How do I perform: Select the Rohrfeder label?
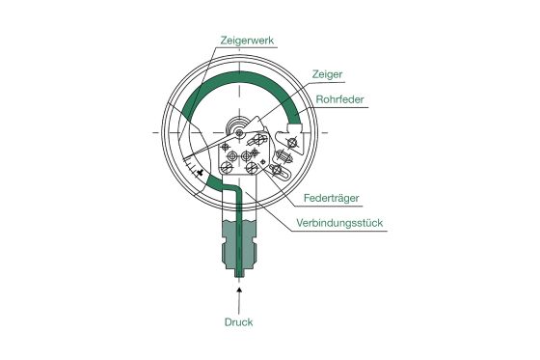(339, 98)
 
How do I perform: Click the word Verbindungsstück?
(340, 222)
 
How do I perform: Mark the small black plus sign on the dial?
(200, 174)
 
